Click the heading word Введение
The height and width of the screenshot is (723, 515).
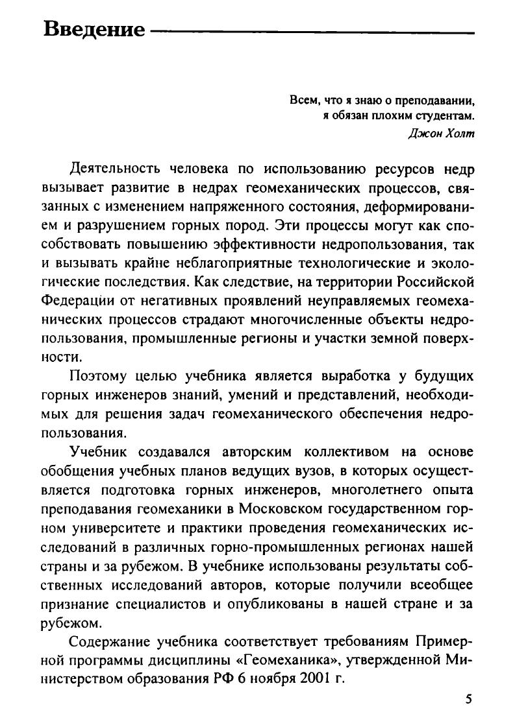[x=94, y=30]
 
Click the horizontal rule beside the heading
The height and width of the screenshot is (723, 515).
[x=312, y=30]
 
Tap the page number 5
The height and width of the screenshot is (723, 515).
[x=469, y=699]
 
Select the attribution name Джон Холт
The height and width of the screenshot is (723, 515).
[x=442, y=134]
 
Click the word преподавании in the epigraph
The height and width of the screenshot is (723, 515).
[x=432, y=101]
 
